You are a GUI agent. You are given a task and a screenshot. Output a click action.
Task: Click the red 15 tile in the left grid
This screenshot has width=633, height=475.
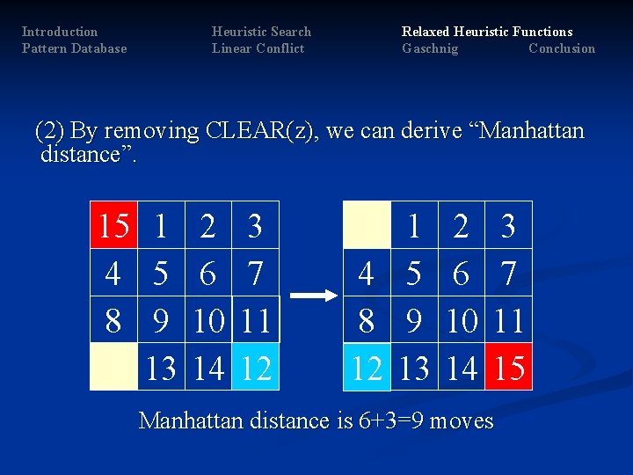[113, 226]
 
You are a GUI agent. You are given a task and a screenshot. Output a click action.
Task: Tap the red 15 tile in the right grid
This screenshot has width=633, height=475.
[509, 369]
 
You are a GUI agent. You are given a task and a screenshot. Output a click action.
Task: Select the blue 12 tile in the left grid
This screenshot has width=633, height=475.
[256, 369]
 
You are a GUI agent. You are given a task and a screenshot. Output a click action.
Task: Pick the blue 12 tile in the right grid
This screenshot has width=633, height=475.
[367, 369]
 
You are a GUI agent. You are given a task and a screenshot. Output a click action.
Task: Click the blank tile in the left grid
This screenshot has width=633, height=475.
[114, 369]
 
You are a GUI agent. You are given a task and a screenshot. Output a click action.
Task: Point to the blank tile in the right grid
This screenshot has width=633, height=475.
[367, 226]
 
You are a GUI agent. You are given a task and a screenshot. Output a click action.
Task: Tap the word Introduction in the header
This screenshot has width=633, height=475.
[60, 32]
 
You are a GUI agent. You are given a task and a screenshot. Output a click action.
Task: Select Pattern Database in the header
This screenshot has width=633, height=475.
[74, 48]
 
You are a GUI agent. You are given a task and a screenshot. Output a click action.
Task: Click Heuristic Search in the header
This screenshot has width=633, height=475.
[261, 32]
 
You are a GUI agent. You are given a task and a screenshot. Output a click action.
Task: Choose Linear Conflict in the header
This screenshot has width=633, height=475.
[258, 48]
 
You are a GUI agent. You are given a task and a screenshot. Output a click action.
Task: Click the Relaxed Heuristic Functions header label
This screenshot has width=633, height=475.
[487, 32]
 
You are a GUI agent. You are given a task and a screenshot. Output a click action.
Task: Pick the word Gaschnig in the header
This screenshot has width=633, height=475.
[430, 48]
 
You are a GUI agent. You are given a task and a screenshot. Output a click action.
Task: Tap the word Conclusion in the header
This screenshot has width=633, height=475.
[562, 48]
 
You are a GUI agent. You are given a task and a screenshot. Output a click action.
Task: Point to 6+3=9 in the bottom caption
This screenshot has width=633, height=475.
[392, 420]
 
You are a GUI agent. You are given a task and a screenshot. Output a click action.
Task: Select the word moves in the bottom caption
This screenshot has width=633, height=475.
[462, 420]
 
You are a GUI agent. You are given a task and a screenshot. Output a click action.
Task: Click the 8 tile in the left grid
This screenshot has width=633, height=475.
[113, 321]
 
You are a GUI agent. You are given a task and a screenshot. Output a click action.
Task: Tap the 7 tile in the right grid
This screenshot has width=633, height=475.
[509, 274]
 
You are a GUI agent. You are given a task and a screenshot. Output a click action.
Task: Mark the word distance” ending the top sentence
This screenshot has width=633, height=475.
[88, 156]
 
